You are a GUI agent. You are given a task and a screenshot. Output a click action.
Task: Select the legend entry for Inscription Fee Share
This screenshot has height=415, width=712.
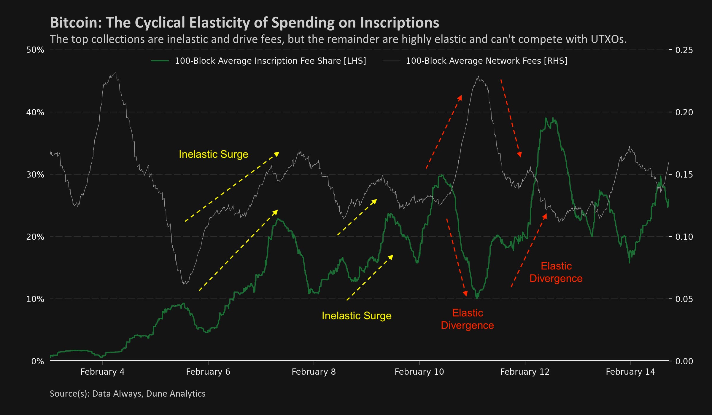tap(270, 61)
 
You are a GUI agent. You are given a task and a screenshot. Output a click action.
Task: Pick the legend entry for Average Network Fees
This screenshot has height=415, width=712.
tap(486, 61)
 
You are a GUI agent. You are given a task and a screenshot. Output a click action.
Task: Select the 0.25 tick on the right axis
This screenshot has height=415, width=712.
tap(684, 50)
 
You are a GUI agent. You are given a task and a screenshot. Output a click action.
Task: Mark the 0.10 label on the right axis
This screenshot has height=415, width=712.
tap(684, 237)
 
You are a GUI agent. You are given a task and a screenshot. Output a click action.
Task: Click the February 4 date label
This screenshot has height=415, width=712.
tap(102, 372)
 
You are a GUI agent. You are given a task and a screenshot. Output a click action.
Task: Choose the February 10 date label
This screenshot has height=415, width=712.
tap(419, 372)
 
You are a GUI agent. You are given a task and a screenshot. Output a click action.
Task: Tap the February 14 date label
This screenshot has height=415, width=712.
tap(630, 372)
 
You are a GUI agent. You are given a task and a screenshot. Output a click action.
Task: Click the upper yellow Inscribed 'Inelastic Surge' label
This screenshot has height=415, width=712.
tap(213, 154)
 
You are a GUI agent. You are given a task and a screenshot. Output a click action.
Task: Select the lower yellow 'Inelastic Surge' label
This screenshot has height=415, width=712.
tap(356, 316)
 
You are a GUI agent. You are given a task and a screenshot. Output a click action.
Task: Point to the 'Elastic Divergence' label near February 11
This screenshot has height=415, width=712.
tap(467, 319)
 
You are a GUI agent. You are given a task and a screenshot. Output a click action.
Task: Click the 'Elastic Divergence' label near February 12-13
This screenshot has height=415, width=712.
tap(556, 272)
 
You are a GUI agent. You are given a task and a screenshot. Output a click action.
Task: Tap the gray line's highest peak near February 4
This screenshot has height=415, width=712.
tap(116, 72)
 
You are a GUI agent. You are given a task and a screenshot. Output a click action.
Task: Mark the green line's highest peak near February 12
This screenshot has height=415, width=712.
tap(553, 118)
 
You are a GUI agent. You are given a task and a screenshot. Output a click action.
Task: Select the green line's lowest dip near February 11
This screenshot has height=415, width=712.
tap(477, 298)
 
